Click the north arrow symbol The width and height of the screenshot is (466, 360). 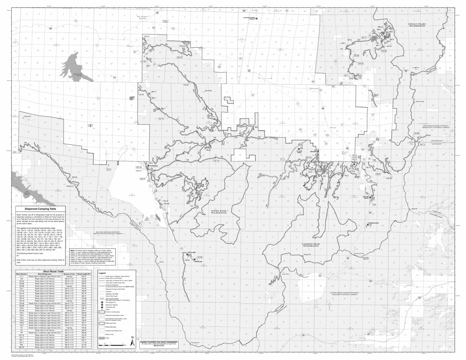pos(132,343)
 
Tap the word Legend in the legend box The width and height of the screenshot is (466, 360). pos(103,273)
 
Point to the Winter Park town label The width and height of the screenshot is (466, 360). pos(346,153)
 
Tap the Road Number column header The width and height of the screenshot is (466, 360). pos(21,274)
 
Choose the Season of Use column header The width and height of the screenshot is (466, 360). pos(68,274)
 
